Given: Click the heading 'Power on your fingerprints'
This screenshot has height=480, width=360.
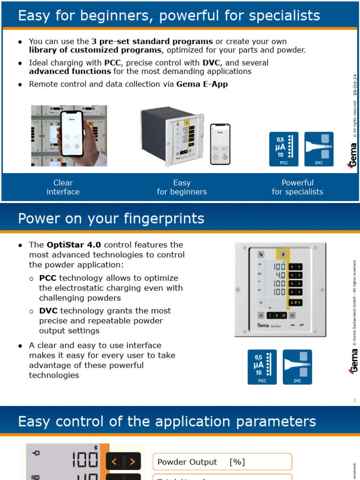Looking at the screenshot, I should (x=111, y=218).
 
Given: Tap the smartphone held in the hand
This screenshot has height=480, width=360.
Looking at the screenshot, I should (x=70, y=134).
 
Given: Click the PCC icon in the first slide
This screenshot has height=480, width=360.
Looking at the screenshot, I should (x=284, y=149).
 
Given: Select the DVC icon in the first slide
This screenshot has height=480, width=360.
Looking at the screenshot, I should (x=319, y=149).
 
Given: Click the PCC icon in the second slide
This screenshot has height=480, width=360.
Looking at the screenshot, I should (x=262, y=367).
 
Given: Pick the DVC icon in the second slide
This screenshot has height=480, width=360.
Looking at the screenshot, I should (x=297, y=367).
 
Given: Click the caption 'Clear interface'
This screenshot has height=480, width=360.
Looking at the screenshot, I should (x=63, y=187).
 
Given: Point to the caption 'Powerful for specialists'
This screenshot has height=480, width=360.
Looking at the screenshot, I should (x=297, y=187).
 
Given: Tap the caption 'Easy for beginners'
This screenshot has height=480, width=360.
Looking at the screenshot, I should (x=181, y=187).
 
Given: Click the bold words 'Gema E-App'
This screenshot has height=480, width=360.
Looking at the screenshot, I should (x=202, y=84).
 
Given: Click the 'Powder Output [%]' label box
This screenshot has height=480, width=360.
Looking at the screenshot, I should (x=222, y=462).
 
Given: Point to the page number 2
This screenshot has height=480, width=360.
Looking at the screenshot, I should (x=354, y=400).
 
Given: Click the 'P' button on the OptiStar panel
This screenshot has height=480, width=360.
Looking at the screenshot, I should (x=295, y=302).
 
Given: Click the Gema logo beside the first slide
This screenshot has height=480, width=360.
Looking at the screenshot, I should (x=352, y=155).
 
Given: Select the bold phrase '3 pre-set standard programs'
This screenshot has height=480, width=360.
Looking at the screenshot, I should (x=152, y=41).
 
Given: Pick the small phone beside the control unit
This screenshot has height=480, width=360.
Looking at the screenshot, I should (x=220, y=144).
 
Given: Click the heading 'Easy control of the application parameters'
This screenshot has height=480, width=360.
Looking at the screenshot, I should (x=167, y=421).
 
